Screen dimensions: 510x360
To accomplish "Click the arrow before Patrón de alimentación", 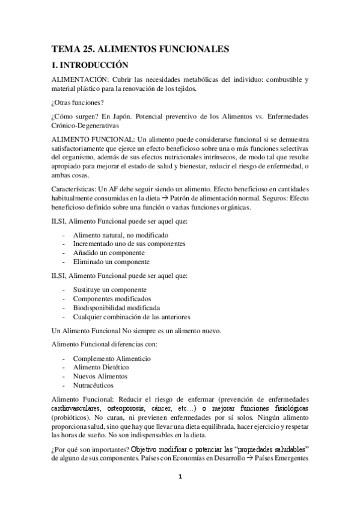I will click(165, 198).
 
